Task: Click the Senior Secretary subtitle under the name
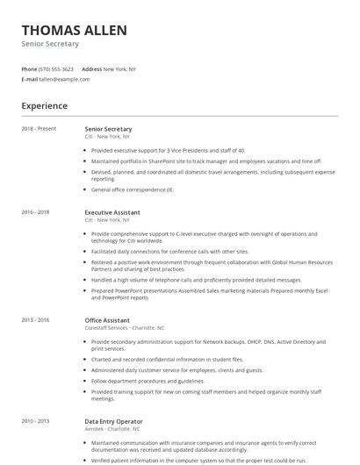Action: point(50,44)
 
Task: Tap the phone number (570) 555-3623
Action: point(57,68)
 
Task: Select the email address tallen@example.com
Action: point(64,79)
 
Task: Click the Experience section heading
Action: point(44,106)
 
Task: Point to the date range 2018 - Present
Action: point(39,129)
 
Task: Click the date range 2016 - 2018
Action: point(35,212)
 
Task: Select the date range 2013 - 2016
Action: point(35,321)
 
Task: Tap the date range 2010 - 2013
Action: point(35,422)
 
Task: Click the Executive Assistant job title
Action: point(112,212)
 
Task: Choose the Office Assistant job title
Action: point(107,321)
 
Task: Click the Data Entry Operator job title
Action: point(114,422)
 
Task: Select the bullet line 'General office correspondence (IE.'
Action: point(133,190)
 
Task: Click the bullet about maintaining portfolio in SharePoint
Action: point(206,161)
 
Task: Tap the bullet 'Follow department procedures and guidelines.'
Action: point(147,382)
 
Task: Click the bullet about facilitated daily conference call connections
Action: point(169,251)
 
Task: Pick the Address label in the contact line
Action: point(91,68)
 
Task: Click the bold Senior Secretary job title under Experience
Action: point(108,129)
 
